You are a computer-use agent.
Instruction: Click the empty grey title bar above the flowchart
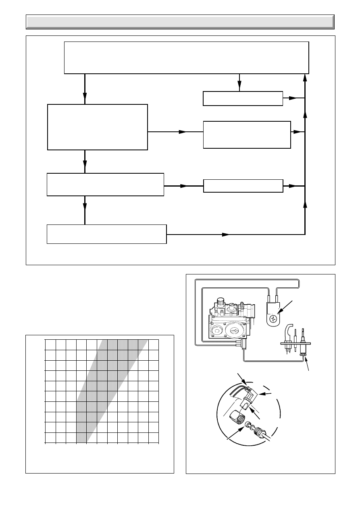pos(180,22)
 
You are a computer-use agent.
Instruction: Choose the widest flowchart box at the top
pos(187,57)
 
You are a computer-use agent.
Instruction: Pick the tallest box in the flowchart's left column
pos(98,127)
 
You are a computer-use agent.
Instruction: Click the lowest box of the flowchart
pos(107,234)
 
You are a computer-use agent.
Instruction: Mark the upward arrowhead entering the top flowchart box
pos(305,78)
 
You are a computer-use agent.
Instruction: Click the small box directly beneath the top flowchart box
pos(243,98)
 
